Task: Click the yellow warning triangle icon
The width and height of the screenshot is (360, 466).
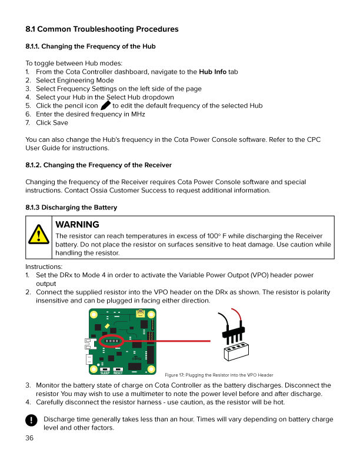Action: pyautogui.click(x=39, y=237)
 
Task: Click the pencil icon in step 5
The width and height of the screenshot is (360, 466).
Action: pyautogui.click(x=106, y=105)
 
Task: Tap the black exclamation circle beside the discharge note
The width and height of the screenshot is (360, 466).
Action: pyautogui.click(x=31, y=420)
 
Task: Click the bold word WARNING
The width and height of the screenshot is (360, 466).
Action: pyautogui.click(x=76, y=224)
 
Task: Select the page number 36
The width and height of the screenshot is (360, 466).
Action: pyautogui.click(x=30, y=438)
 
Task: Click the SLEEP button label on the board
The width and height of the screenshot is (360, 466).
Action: pyautogui.click(x=105, y=373)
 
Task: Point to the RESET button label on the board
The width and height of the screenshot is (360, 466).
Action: pyautogui.click(x=118, y=373)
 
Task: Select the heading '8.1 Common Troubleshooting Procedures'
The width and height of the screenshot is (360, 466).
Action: pyautogui.click(x=102, y=29)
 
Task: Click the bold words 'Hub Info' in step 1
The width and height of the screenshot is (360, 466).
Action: pyautogui.click(x=212, y=72)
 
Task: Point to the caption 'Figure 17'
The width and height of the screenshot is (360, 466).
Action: pyautogui.click(x=175, y=375)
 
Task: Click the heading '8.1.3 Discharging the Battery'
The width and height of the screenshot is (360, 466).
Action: pyautogui.click(x=71, y=207)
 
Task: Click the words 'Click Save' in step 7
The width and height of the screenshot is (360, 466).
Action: pyautogui.click(x=52, y=122)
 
